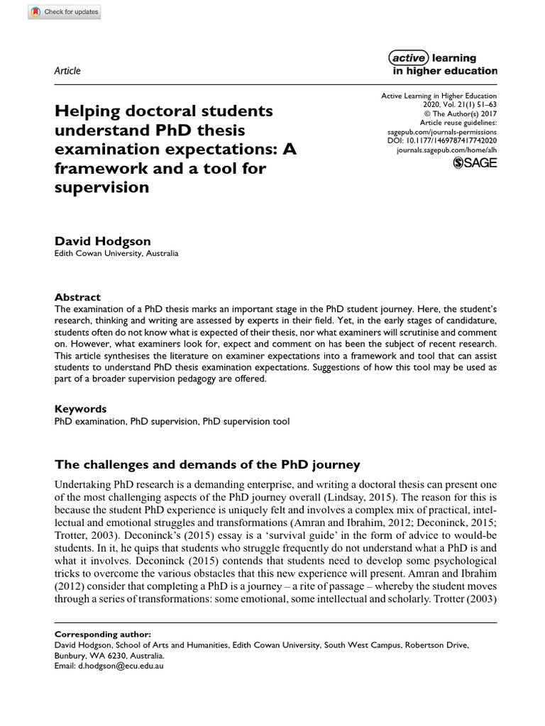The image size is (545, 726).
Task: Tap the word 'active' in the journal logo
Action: tap(409, 58)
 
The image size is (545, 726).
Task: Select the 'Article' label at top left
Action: tap(67, 71)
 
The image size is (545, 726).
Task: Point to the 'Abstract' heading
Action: tap(78, 297)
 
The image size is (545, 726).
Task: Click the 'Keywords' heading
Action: tap(81, 409)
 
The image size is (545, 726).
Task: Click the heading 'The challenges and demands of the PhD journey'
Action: tap(198, 465)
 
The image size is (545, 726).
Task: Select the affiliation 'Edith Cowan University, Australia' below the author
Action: tap(116, 254)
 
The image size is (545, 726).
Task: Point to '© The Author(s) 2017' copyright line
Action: tap(461, 113)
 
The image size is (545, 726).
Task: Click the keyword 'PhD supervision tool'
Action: tap(246, 422)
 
